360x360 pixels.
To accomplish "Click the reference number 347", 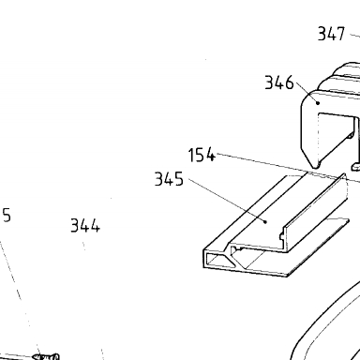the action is point(331,34).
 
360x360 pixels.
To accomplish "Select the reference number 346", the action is point(279,82).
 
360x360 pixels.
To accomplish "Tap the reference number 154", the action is point(202,155).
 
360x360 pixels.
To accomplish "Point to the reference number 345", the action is point(169,179).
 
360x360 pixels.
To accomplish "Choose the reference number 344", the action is point(85,225).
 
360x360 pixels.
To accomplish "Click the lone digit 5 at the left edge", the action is point(7,216).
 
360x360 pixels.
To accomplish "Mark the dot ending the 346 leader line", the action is point(318,102).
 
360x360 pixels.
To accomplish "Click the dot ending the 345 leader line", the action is point(265,221).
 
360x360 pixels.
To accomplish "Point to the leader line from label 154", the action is point(288,168).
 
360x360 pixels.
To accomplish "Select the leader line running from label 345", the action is point(227,200).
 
